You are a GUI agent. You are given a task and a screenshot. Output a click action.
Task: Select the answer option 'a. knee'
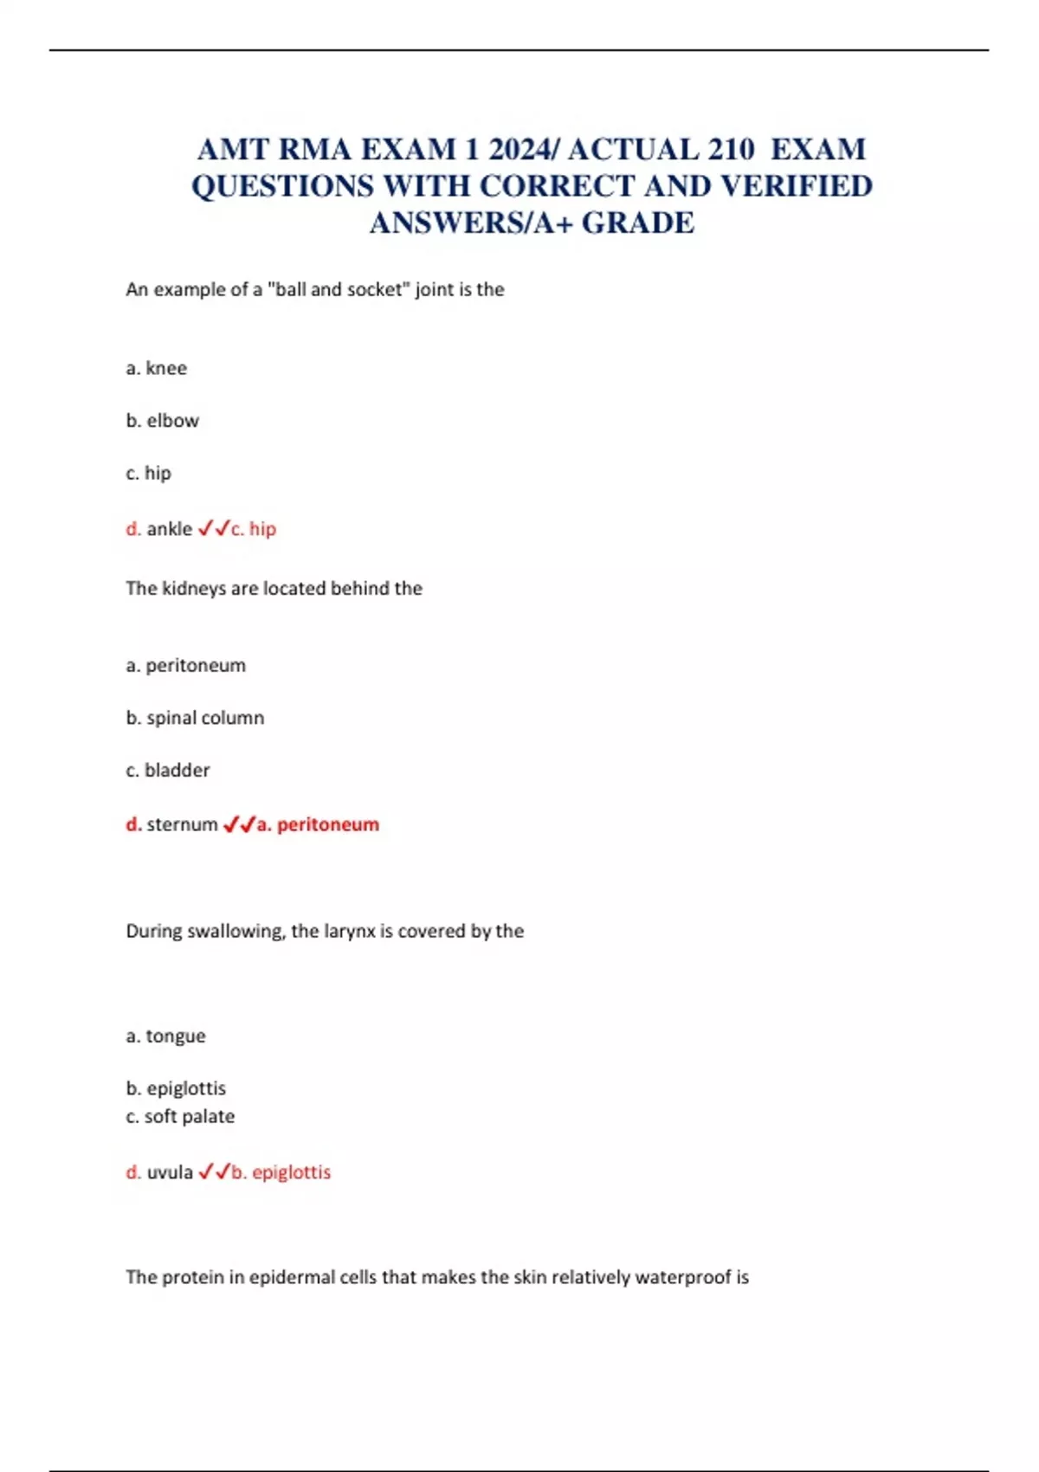(x=157, y=368)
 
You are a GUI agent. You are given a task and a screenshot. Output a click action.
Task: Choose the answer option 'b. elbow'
(x=163, y=421)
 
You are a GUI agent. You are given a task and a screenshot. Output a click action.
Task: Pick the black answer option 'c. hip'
(x=149, y=473)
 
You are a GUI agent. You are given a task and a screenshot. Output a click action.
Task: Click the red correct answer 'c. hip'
(x=254, y=528)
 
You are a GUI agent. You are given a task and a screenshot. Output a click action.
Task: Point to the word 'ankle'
(x=170, y=528)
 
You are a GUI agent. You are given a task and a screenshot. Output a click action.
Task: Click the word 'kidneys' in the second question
(x=194, y=588)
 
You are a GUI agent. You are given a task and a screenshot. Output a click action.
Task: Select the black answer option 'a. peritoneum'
(x=186, y=665)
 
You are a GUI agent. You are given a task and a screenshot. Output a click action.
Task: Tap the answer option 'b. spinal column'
(x=195, y=718)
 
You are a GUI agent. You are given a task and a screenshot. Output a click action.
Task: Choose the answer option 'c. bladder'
(x=168, y=770)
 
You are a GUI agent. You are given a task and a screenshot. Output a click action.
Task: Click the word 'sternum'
(x=182, y=824)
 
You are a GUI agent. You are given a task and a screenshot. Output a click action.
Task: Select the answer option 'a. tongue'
(x=166, y=1036)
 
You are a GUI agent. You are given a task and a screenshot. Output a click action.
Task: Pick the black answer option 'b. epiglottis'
(x=176, y=1088)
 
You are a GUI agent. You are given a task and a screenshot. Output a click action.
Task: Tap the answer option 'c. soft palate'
(x=180, y=1116)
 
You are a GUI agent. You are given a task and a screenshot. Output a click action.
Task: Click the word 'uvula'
(x=170, y=1172)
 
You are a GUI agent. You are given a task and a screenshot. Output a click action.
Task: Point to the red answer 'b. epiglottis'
(x=281, y=1172)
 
